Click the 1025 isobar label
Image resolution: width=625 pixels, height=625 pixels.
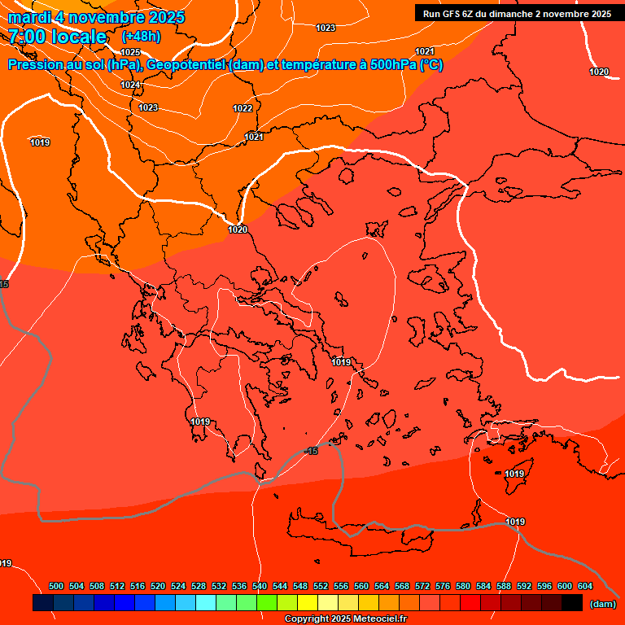(130, 52)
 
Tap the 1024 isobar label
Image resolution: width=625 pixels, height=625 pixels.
(130, 85)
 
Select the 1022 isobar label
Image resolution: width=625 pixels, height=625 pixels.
(243, 108)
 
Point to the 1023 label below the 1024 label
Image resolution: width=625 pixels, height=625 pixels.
(148, 107)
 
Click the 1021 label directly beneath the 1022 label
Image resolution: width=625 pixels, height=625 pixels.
(254, 137)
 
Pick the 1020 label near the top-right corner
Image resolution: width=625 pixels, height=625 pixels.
(599, 72)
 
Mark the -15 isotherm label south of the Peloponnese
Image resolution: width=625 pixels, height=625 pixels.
(310, 451)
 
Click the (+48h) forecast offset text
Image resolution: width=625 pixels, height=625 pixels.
(141, 37)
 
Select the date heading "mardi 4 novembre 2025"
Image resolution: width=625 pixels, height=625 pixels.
(96, 17)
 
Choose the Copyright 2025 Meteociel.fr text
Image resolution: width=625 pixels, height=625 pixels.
(346, 619)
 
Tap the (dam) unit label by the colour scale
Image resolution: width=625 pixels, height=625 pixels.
(602, 604)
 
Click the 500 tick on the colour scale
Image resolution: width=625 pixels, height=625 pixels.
(56, 586)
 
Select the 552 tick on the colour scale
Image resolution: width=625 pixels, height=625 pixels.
(321, 586)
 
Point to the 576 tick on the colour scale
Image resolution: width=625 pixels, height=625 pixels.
(443, 586)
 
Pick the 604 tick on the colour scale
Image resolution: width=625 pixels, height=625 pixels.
(585, 586)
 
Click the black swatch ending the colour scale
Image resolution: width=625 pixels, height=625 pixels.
(572, 603)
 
